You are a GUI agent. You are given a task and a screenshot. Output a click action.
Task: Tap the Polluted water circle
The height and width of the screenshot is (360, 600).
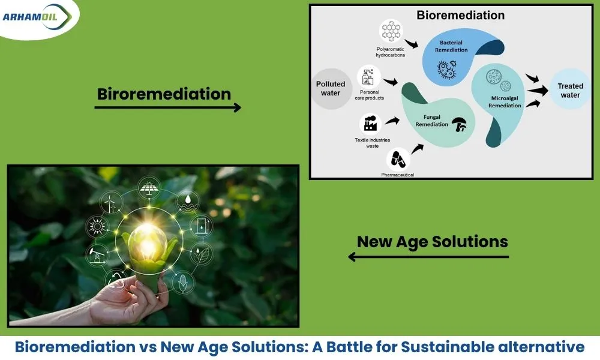331,89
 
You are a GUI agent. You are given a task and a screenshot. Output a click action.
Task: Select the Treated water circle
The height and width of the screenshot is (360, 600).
570,90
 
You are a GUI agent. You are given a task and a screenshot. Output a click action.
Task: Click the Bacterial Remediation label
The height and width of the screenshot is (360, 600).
451,46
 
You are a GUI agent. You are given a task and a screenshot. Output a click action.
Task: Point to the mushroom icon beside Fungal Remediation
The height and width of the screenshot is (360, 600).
459,124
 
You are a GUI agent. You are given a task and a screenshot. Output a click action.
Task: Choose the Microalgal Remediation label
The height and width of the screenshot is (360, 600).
505,102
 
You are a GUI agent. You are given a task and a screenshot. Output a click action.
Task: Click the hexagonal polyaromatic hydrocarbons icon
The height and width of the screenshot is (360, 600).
391,31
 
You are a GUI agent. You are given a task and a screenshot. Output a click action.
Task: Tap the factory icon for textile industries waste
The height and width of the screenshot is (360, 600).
370,124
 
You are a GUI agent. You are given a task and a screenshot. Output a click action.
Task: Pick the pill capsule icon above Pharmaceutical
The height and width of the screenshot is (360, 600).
398,159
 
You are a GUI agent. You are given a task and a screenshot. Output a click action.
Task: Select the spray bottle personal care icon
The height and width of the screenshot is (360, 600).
368,77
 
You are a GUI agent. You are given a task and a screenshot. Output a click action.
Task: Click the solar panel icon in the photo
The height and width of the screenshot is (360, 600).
148,188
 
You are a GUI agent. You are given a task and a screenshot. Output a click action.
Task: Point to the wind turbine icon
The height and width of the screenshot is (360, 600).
110,203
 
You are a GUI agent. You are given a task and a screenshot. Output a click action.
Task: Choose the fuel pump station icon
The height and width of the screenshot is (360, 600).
201,226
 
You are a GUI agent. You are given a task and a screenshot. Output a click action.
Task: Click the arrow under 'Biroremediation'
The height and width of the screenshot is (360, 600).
167,107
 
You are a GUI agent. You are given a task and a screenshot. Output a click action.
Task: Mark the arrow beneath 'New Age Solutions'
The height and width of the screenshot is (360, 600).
428,257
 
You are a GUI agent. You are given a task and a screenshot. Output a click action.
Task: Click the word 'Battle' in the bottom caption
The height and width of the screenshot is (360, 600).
349,347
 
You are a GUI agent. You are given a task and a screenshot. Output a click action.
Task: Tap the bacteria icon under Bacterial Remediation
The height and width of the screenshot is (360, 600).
446,69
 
